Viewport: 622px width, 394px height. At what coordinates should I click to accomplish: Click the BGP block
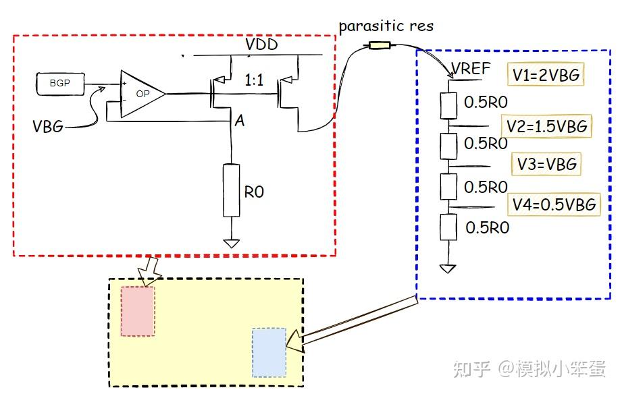pyautogui.click(x=60, y=84)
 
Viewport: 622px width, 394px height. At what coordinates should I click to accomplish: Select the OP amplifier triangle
pyautogui.click(x=142, y=94)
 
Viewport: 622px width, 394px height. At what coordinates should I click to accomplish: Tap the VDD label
pyautogui.click(x=261, y=44)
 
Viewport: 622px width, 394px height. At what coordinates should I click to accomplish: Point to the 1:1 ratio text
pyautogui.click(x=254, y=80)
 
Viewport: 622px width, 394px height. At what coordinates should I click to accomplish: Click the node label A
pyautogui.click(x=240, y=121)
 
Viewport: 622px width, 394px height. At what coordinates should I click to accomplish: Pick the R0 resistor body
pyautogui.click(x=231, y=190)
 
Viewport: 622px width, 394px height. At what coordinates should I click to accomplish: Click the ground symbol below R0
pyautogui.click(x=231, y=243)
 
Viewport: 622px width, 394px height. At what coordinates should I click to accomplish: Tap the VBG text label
pyautogui.click(x=48, y=126)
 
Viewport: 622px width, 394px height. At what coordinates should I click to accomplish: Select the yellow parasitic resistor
pyautogui.click(x=380, y=45)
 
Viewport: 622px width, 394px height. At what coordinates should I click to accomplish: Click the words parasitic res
pyautogui.click(x=386, y=26)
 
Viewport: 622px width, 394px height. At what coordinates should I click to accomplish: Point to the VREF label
pyautogui.click(x=471, y=69)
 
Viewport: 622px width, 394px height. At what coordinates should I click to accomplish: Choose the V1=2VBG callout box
pyautogui.click(x=546, y=74)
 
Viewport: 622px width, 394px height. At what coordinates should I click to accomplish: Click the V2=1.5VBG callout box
pyautogui.click(x=546, y=126)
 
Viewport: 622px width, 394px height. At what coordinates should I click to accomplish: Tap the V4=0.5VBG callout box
pyautogui.click(x=554, y=204)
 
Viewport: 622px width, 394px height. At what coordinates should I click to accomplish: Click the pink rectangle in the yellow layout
pyautogui.click(x=138, y=311)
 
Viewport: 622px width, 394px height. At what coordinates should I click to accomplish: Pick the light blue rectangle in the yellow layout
pyautogui.click(x=269, y=352)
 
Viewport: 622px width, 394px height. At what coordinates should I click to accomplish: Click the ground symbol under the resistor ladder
pyautogui.click(x=448, y=269)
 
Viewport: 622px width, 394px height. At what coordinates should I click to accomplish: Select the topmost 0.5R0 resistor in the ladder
pyautogui.click(x=448, y=106)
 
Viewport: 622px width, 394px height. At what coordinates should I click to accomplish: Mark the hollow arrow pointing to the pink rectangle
pyautogui.click(x=149, y=271)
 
